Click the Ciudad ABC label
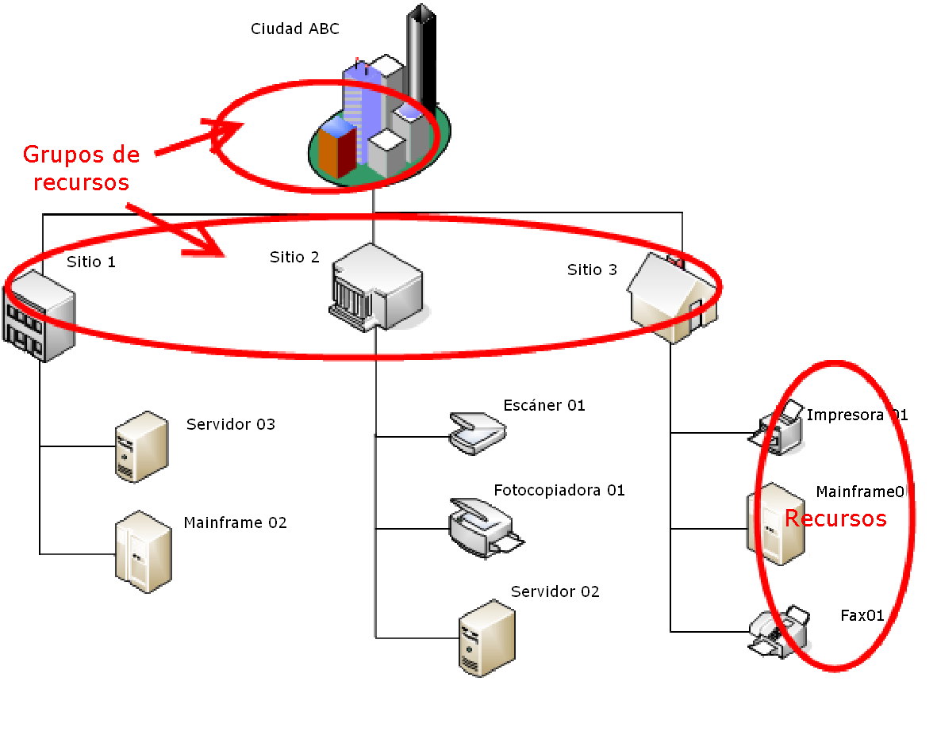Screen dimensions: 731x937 [x=295, y=29]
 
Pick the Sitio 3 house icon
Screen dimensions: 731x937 [x=674, y=298]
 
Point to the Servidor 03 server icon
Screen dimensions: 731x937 [x=141, y=446]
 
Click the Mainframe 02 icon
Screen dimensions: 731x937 [x=143, y=551]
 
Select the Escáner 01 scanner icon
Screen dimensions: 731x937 [x=477, y=432]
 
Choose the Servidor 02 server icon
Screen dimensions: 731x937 [x=486, y=637]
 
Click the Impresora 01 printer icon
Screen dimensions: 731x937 [x=778, y=428]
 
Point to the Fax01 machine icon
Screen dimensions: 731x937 [x=779, y=632]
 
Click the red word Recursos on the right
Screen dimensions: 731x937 [x=835, y=519]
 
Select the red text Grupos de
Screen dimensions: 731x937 [x=81, y=154]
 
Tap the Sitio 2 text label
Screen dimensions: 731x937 [x=294, y=257]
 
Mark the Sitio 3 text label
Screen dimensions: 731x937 [x=592, y=270]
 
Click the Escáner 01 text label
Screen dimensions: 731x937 [x=544, y=406]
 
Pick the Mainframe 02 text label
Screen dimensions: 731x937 [x=235, y=522]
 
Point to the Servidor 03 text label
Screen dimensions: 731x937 [x=231, y=424]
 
